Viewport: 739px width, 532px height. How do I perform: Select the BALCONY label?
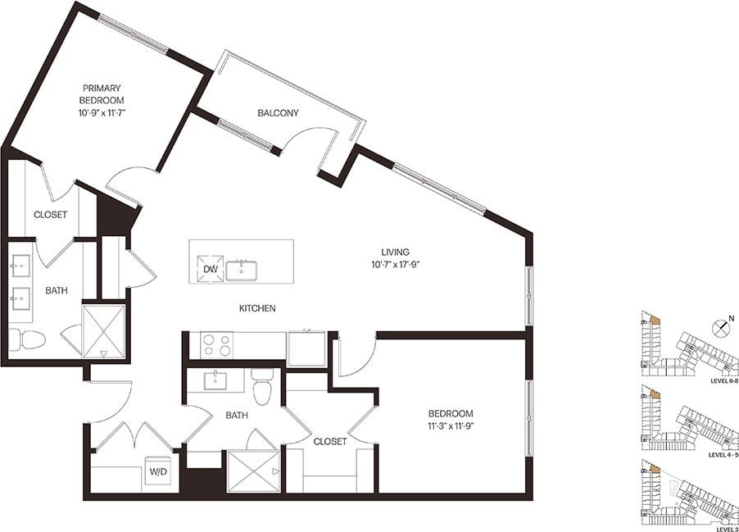[278, 113]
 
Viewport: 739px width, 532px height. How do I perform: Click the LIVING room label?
[394, 252]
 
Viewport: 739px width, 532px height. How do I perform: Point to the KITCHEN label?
[256, 308]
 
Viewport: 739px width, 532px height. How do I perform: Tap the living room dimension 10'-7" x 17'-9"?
[394, 263]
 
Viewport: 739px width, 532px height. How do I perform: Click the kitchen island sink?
[242, 269]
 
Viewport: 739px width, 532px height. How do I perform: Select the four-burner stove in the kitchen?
[216, 345]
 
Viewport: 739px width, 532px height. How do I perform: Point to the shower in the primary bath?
[103, 332]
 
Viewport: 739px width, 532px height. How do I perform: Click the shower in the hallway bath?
[253, 471]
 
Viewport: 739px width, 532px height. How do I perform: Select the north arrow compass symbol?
[720, 328]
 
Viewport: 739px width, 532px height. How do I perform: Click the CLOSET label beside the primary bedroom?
[50, 215]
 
